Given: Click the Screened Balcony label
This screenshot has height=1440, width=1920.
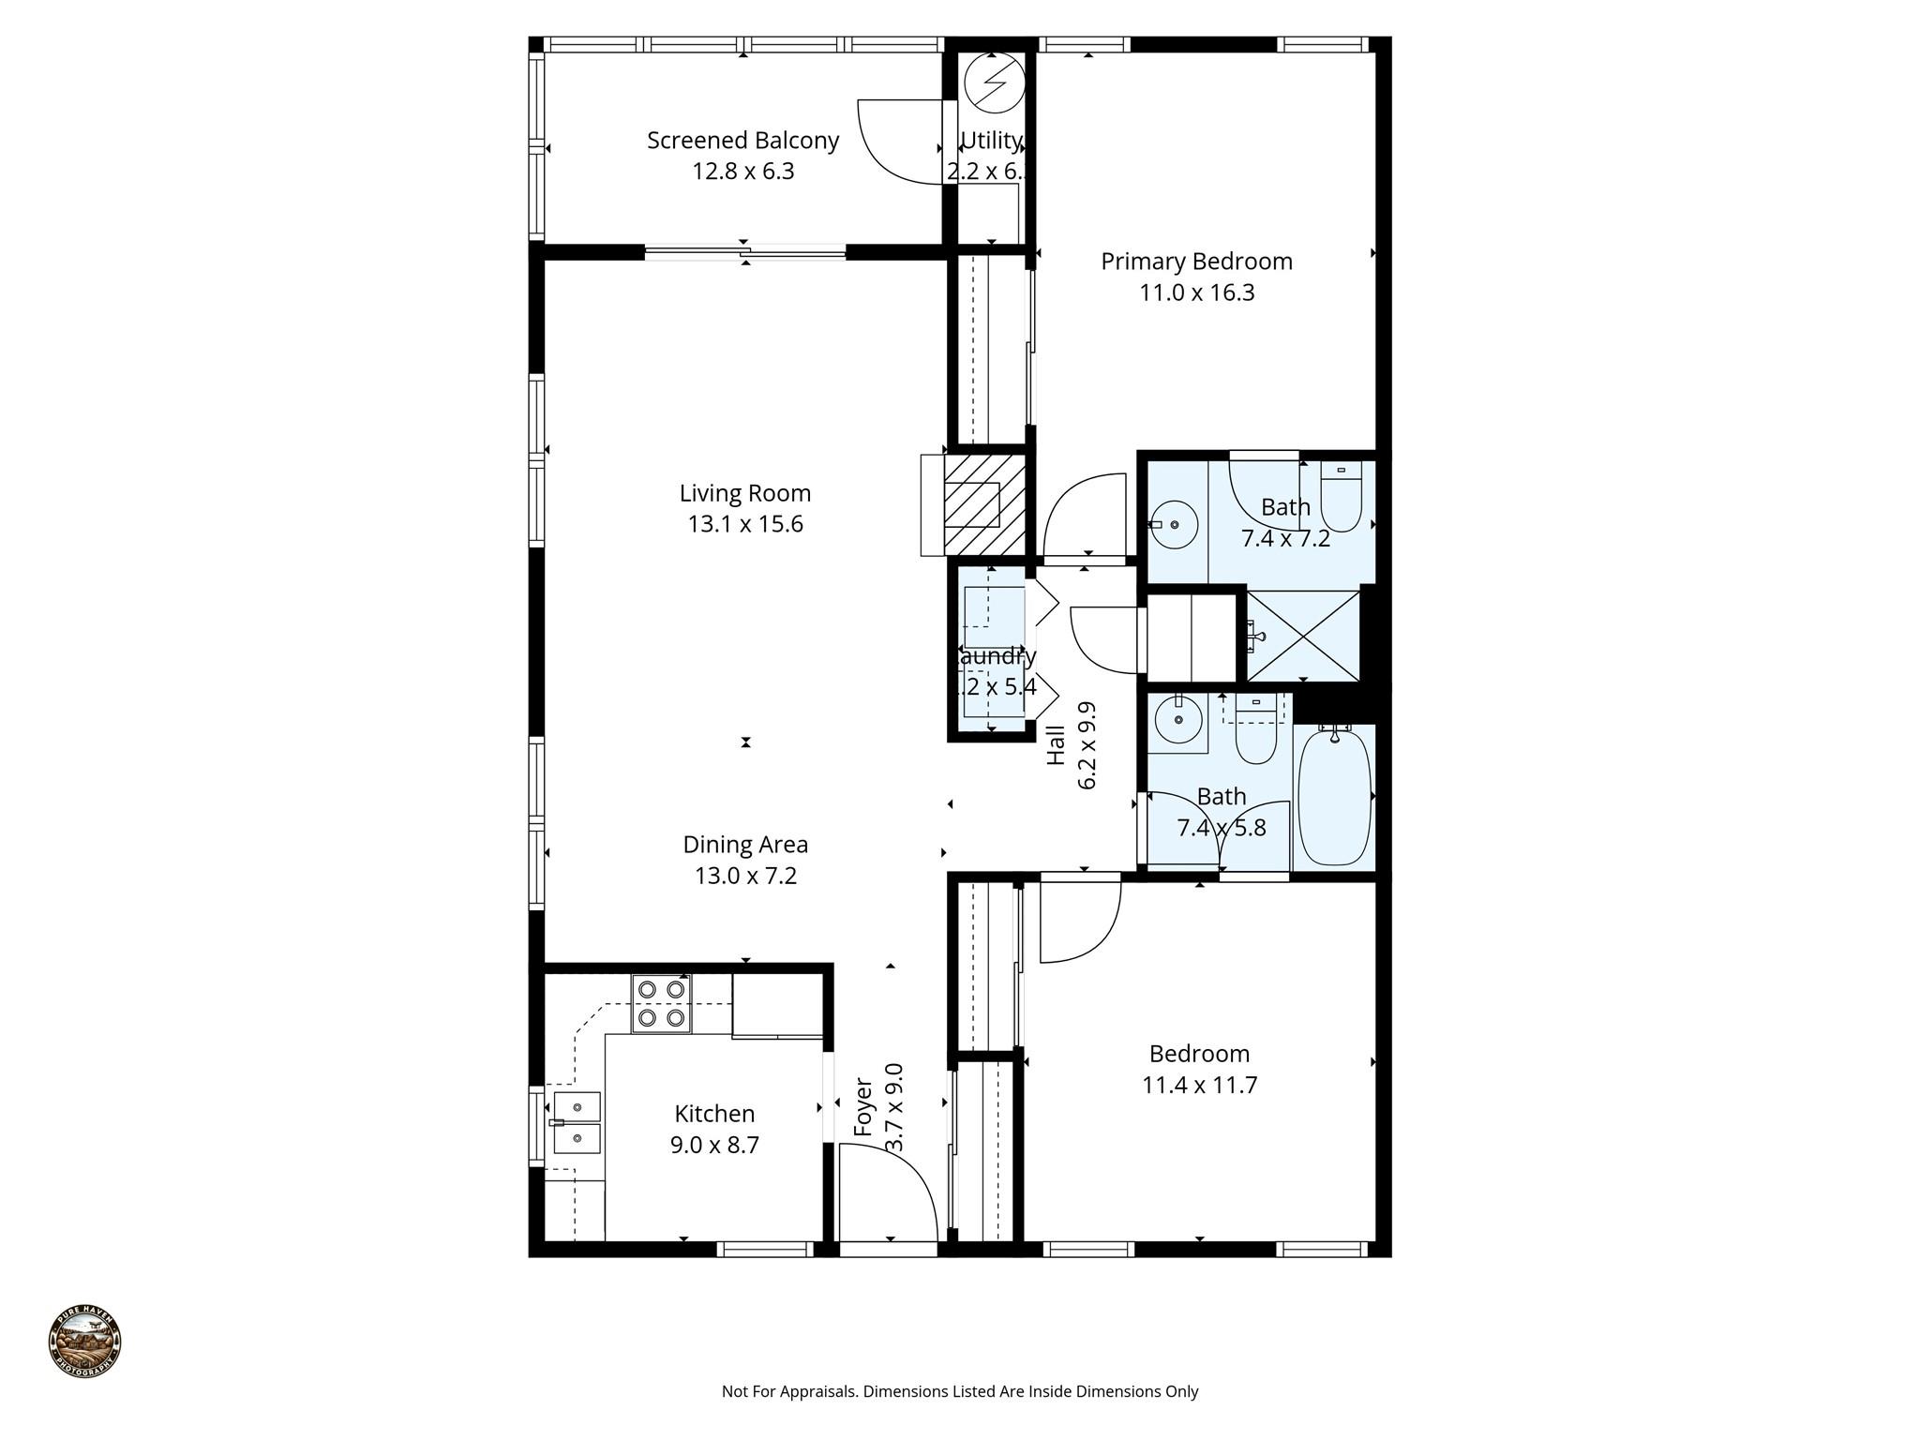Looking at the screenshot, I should click(742, 141).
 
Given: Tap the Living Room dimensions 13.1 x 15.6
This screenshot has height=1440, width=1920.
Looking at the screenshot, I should click(745, 524).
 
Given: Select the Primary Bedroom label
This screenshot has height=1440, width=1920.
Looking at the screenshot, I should click(1196, 262).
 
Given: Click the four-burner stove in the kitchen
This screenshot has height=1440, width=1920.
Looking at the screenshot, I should click(661, 1003).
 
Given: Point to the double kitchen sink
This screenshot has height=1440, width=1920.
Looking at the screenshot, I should click(577, 1122).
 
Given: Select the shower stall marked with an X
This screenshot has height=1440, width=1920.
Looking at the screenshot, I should click(1302, 635).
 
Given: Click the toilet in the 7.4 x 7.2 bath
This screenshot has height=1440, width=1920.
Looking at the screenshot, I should click(1341, 497).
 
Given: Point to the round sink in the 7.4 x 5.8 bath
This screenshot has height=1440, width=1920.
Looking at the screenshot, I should click(1177, 721).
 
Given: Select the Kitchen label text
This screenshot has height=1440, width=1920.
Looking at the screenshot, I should click(714, 1114).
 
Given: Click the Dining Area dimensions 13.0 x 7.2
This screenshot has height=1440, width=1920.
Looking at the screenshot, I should click(745, 876).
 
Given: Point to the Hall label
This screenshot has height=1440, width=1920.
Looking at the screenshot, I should click(1057, 745).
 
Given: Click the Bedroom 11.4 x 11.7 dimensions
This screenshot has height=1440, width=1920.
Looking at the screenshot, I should click(1199, 1086).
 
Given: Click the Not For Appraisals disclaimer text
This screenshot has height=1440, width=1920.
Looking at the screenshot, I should click(959, 1391).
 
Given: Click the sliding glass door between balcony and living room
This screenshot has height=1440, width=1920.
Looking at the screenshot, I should click(745, 251).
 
